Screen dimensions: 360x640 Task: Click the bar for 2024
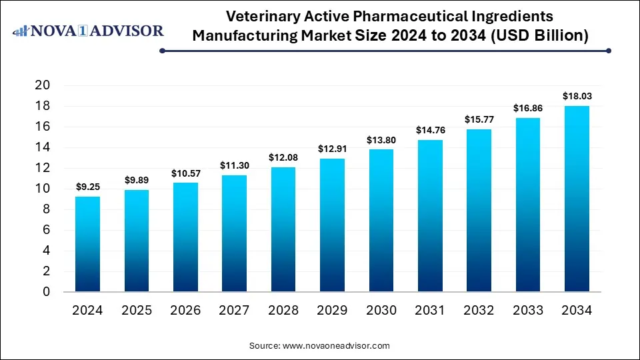coord(88,244)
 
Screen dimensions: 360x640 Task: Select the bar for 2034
coord(577,199)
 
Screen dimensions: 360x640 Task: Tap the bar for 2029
coord(332,225)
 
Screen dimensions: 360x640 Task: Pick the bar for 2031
coord(430,216)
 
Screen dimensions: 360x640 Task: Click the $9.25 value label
coord(88,187)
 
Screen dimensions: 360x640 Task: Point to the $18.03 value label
coord(577,97)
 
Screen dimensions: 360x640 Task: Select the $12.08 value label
coord(283,158)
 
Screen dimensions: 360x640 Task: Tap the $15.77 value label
coord(479,120)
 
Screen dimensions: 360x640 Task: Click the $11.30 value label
coord(235,166)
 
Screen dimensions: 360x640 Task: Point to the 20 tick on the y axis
coord(43,85)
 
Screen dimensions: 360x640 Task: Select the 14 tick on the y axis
coord(43,147)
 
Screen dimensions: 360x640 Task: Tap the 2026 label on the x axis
coord(185,311)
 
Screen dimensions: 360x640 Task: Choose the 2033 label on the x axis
coord(527,311)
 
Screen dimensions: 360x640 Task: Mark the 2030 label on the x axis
coord(381,311)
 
